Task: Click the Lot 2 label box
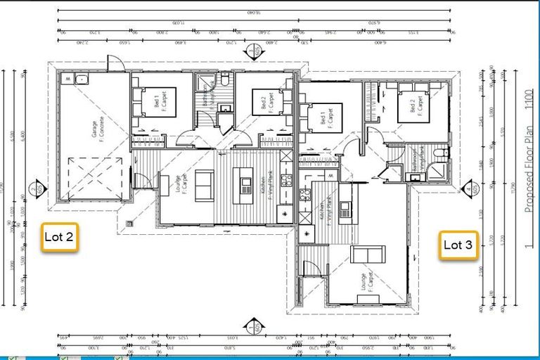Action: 59,237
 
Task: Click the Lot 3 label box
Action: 458,245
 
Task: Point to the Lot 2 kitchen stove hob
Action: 286,180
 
